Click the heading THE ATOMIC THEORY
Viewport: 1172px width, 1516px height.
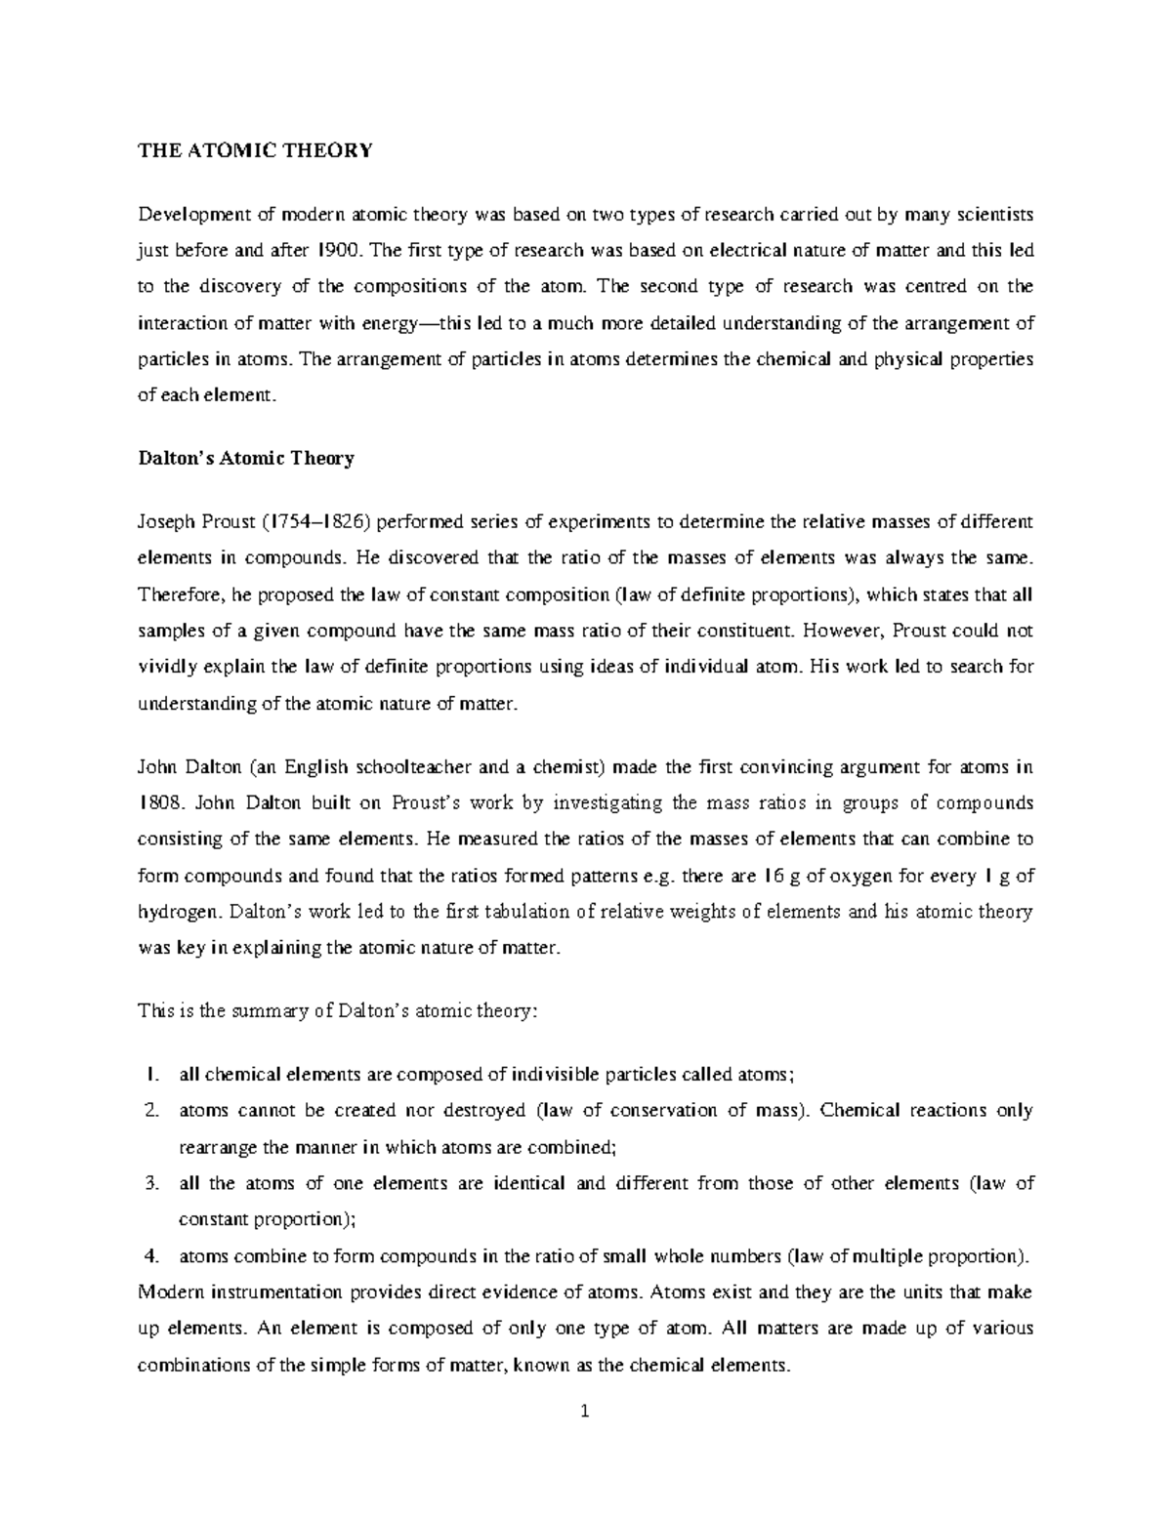(x=255, y=150)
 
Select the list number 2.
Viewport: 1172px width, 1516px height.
(x=150, y=1111)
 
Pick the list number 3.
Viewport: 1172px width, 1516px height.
(x=150, y=1183)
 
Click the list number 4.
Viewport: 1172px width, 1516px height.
(x=150, y=1255)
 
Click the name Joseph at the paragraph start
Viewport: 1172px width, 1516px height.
(x=166, y=521)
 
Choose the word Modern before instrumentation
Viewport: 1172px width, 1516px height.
(x=171, y=1292)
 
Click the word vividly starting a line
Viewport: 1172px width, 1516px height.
(x=166, y=667)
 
